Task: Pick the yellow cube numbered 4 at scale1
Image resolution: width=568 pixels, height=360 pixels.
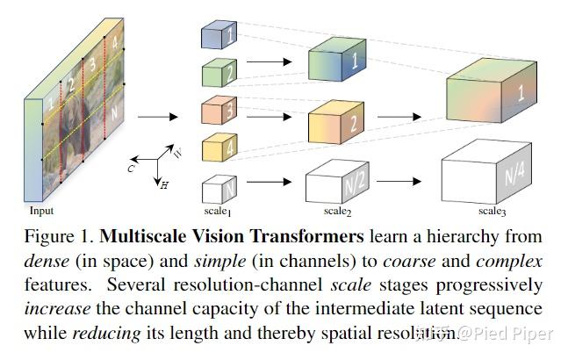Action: (x=215, y=148)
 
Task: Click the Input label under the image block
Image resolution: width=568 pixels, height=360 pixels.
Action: (x=41, y=212)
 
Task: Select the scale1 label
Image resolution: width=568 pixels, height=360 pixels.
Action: (x=214, y=212)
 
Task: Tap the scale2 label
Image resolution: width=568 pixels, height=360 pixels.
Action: (x=336, y=212)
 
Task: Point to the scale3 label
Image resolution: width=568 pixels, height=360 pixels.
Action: (x=492, y=212)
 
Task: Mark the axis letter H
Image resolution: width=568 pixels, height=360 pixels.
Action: (x=163, y=185)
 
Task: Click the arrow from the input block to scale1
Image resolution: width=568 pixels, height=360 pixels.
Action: (x=156, y=115)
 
